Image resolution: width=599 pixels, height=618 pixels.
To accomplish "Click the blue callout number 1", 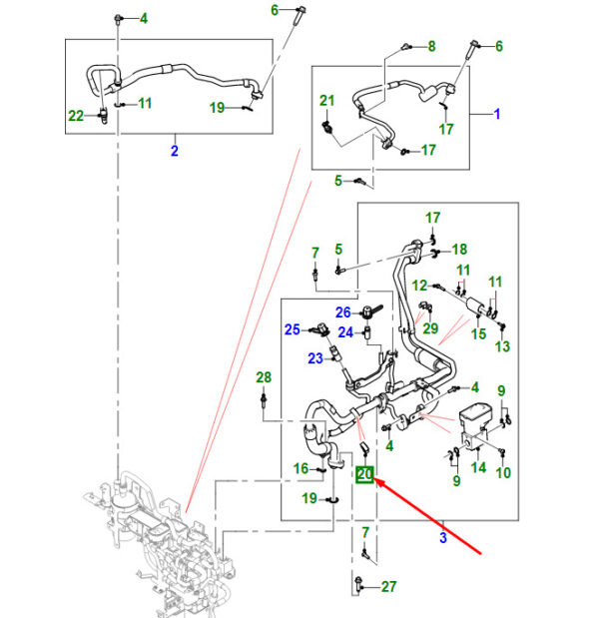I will point(496,115).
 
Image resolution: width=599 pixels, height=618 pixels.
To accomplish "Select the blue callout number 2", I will point(174,152).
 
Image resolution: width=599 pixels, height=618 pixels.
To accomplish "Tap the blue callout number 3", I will point(442,538).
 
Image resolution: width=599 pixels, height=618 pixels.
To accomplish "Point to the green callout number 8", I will point(431,46).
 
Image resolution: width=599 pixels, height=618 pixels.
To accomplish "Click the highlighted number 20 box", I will point(364,474).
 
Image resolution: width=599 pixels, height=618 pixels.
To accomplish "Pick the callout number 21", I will point(325,100).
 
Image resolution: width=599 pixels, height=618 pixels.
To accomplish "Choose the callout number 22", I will point(76,116).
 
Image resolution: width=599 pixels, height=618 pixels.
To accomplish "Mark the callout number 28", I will point(263,376).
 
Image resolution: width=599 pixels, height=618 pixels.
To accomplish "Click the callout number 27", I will point(388,586).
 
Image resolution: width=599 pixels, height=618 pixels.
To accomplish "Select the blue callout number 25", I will point(292,328).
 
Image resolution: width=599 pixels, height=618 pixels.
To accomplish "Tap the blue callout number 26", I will point(343,312).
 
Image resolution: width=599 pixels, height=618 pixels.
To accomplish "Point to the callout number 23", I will point(315,358).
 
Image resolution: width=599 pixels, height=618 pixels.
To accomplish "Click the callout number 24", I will point(345,332).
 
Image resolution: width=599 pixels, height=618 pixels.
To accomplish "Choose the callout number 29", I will point(430,327).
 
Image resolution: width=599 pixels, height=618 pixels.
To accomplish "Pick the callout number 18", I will point(459,249).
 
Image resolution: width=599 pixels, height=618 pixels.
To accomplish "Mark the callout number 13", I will point(502,345).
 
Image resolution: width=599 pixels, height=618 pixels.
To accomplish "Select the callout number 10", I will point(503,472).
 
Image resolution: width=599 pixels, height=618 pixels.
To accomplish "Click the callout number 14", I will point(478,466).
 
